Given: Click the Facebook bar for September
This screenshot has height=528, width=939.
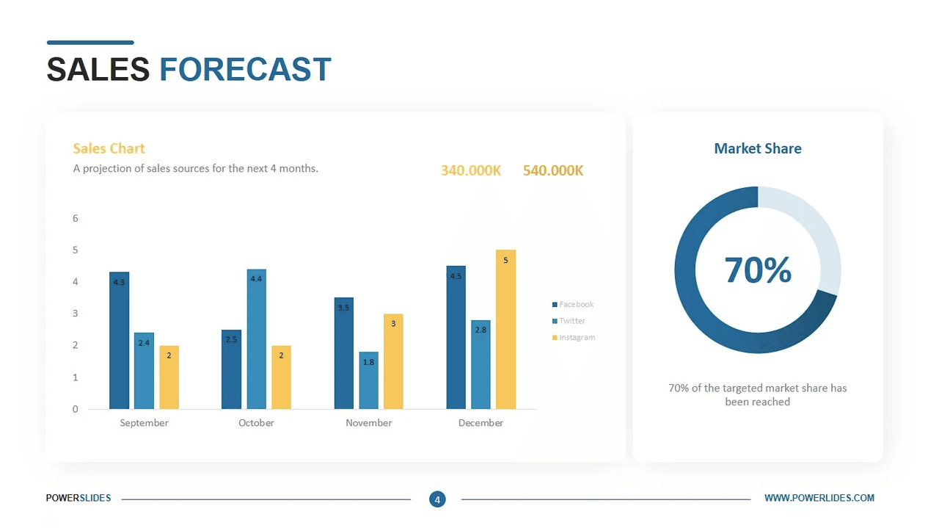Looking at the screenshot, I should [119, 341].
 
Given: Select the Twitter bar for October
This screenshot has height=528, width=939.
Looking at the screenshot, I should [256, 339].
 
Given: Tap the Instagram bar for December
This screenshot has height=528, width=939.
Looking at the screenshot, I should [505, 330].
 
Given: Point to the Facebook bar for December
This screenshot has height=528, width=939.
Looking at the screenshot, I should [456, 338].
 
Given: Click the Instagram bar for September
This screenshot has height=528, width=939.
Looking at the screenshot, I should [169, 377].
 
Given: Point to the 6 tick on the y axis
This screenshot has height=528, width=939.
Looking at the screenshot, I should [75, 218].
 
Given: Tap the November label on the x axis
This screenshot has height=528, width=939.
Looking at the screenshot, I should [368, 423].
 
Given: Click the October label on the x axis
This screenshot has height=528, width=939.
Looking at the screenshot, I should [256, 423].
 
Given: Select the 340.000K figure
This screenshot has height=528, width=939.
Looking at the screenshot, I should [471, 170].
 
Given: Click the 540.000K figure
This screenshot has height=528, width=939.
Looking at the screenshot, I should [553, 170].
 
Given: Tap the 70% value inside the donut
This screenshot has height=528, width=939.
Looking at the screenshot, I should [757, 270].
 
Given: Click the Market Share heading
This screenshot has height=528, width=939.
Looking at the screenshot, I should [757, 148].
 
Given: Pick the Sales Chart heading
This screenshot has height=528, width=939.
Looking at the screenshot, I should [109, 148].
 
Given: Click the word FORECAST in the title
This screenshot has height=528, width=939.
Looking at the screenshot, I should [245, 70].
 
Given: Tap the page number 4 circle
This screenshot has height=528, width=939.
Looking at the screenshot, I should [437, 499].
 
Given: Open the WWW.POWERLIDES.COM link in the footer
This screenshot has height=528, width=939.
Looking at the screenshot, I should [819, 498].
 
